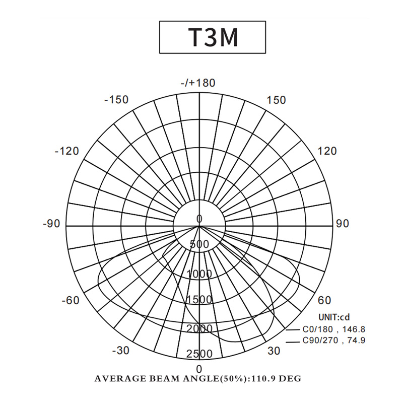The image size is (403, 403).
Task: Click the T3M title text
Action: point(213,37)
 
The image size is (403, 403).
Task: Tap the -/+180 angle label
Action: point(198,83)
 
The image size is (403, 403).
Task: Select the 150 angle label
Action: point(276,100)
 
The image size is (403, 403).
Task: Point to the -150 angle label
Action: point(116,99)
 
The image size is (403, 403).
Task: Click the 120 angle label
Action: point(327,151)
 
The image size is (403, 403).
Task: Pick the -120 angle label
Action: point(67,151)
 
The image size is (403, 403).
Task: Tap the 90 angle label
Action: point(343,224)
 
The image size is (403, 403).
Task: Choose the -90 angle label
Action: point(51,224)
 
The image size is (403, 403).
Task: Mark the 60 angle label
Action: point(324,300)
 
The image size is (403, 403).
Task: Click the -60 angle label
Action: point(71,300)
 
